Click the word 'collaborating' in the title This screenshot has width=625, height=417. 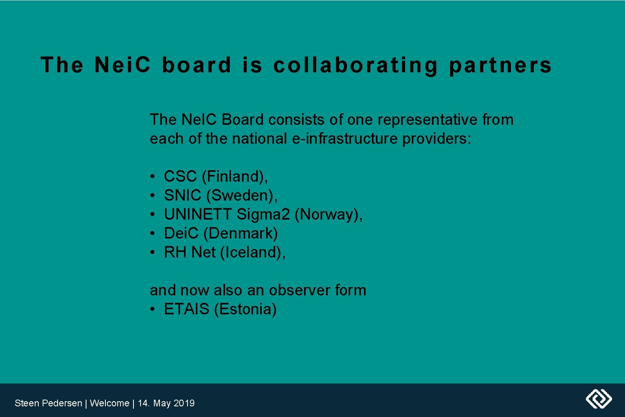[355, 65]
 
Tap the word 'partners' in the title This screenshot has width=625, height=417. [500, 65]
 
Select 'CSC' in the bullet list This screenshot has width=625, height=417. [180, 177]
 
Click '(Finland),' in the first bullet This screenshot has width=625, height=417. [235, 177]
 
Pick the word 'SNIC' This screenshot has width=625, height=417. [182, 195]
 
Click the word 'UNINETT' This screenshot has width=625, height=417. [197, 214]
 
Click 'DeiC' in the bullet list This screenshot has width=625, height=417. [181, 233]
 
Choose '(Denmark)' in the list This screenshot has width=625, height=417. [240, 233]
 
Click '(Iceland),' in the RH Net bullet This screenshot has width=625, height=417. [253, 252]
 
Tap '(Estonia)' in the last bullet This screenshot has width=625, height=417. [245, 309]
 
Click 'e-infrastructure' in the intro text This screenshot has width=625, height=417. [345, 139]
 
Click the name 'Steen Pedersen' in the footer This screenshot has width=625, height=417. [48, 403]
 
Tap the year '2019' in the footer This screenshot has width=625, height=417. [184, 403]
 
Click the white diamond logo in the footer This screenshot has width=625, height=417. [599, 398]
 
